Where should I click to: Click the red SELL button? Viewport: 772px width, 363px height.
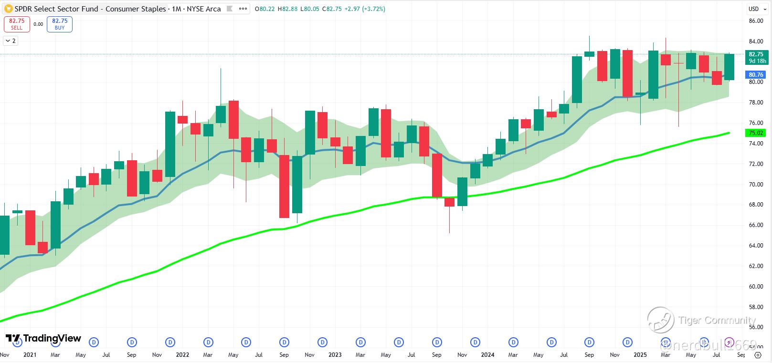tap(17, 24)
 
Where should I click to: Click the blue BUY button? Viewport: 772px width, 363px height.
tap(60, 24)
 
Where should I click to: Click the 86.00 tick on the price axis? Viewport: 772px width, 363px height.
tap(756, 21)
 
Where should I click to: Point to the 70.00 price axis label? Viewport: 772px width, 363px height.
tap(756, 185)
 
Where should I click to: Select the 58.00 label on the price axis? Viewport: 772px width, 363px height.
tap(756, 307)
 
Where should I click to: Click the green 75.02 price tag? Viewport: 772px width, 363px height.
tap(756, 133)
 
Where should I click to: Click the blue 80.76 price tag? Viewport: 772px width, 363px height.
tap(756, 75)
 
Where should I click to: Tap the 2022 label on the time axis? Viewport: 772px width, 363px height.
tap(182, 355)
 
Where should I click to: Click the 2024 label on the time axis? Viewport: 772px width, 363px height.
tap(487, 355)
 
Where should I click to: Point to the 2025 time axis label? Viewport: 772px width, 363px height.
tap(640, 355)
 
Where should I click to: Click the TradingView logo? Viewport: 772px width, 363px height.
tap(43, 339)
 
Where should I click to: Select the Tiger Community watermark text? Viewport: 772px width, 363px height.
tap(717, 321)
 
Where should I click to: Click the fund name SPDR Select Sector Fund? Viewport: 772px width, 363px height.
tap(57, 9)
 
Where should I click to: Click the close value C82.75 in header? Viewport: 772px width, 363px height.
tap(332, 9)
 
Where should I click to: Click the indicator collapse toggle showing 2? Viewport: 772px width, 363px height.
tap(11, 41)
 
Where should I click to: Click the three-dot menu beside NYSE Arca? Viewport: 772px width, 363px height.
tap(243, 9)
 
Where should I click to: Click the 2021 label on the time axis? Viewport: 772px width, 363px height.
tap(30, 355)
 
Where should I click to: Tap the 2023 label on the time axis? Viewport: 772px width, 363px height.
tap(335, 355)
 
